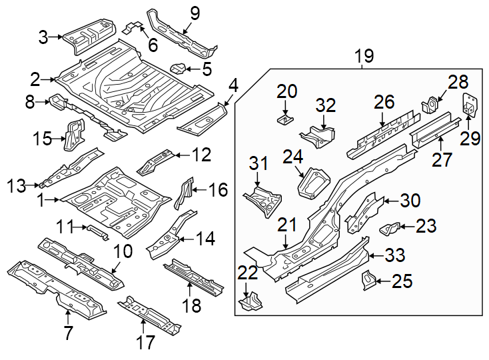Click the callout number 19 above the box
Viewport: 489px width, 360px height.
click(x=364, y=57)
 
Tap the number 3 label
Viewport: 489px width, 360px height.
click(x=43, y=37)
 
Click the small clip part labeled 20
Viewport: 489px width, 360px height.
click(x=285, y=119)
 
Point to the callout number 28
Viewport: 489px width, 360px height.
click(x=458, y=83)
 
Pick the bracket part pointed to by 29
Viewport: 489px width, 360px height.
click(x=471, y=105)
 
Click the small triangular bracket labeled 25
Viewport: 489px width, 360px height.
click(x=367, y=281)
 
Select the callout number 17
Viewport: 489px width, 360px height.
click(x=145, y=343)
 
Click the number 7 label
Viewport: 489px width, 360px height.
click(x=68, y=333)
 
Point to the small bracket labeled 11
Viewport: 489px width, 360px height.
click(x=97, y=231)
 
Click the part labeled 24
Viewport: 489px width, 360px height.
click(x=314, y=183)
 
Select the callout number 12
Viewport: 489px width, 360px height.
click(x=201, y=155)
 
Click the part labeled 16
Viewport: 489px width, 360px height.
click(x=185, y=193)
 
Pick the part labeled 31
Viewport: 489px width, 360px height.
click(x=264, y=199)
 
